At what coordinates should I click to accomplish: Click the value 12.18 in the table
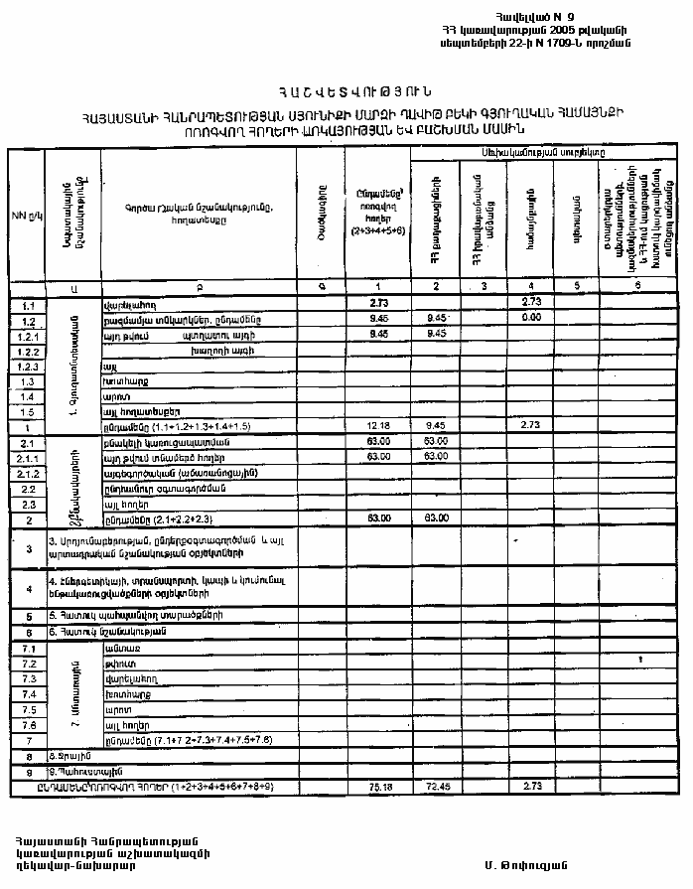click(376, 425)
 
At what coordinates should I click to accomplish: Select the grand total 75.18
click(376, 786)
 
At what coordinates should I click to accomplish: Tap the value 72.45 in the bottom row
click(432, 786)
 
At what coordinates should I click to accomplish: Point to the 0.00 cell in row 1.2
click(529, 318)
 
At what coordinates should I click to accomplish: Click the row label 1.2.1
click(28, 335)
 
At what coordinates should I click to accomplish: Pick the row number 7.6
click(28, 725)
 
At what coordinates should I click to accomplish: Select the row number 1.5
click(28, 411)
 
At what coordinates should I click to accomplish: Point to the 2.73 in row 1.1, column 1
click(376, 302)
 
